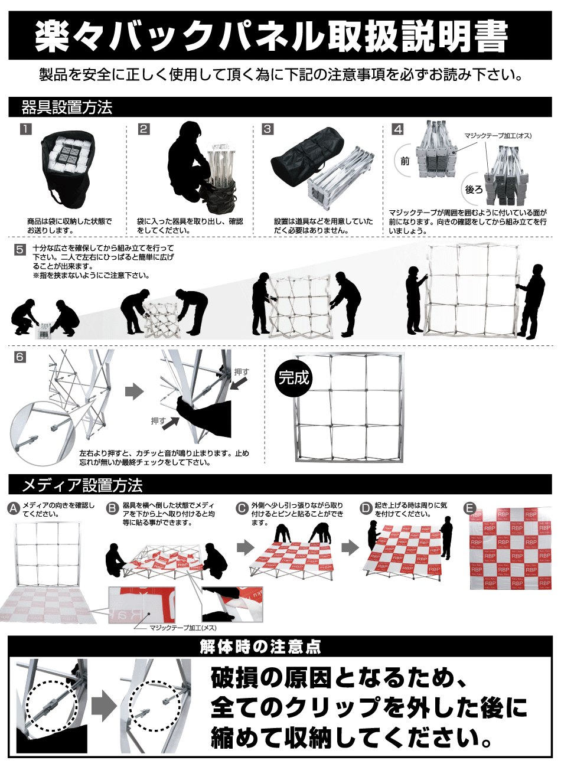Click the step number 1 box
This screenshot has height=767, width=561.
pos(25,129)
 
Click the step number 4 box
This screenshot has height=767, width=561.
pos(398,129)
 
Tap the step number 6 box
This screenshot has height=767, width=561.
pos(20,357)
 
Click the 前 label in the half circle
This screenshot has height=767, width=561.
pos(405,161)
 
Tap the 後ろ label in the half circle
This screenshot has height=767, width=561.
pos(474,189)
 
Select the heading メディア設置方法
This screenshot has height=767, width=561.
pos(82,485)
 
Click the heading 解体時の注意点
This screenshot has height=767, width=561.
pos(260,647)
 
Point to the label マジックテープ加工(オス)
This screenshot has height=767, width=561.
pos(497,136)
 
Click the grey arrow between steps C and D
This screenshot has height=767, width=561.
pos(350,547)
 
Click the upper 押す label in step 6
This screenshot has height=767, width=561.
pos(242,372)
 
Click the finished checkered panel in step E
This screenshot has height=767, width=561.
pos(510,548)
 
